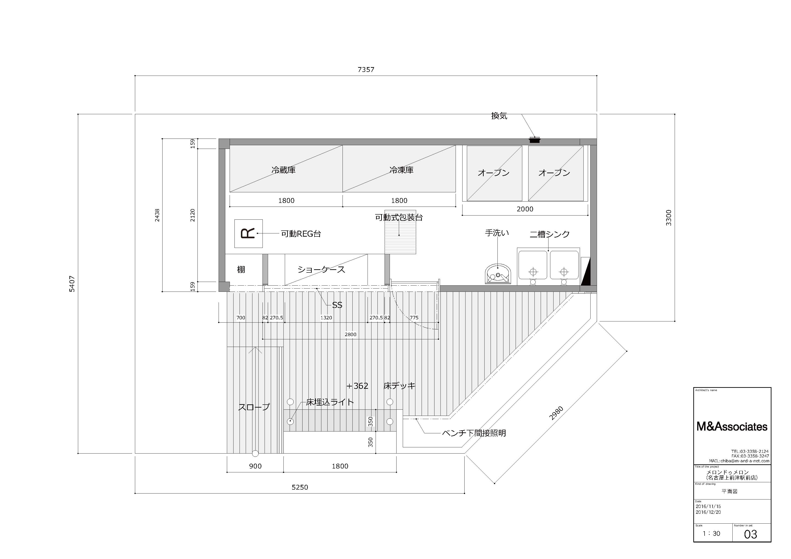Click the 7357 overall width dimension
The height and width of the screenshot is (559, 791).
coord(366,70)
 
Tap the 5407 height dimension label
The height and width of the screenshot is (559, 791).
coord(72,284)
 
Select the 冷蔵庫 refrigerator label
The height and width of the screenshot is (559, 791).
coord(283,170)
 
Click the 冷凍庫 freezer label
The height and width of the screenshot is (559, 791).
coord(401,170)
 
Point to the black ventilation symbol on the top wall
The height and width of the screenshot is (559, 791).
coord(535,140)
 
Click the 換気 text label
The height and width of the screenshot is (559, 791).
coord(499,116)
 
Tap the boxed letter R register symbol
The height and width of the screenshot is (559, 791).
coord(248,233)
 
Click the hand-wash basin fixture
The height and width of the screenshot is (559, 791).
coord(498,274)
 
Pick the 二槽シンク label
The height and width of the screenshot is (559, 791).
coord(549,234)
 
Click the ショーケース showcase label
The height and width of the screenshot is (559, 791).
coord(321,269)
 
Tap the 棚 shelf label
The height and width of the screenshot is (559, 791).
coord(241,269)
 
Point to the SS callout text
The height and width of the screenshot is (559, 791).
coord(337,305)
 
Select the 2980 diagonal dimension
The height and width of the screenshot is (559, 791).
coord(556,413)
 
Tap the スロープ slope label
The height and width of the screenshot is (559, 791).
coord(254,407)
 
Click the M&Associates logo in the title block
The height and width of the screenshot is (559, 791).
coord(732,427)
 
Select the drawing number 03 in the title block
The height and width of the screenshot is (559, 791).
coord(750,534)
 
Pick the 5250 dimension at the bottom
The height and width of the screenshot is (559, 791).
coord(300,487)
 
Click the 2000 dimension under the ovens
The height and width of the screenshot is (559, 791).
coord(525,209)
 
